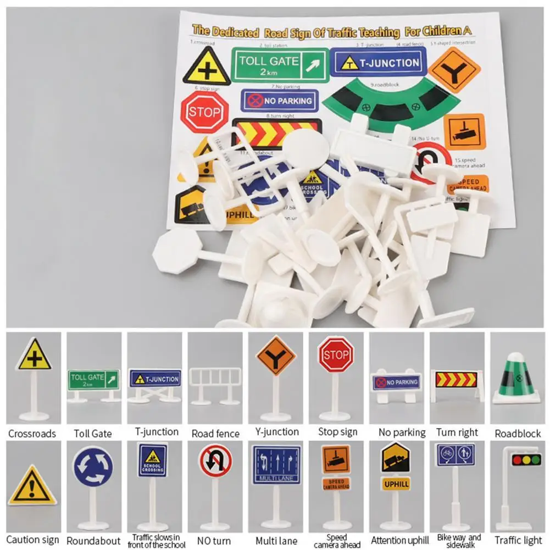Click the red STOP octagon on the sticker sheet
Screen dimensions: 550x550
[204, 112]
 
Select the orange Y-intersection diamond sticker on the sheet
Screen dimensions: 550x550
[454, 70]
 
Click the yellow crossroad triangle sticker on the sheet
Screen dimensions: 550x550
[206, 68]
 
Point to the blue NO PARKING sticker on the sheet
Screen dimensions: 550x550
[280, 101]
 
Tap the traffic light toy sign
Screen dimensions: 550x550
[526, 460]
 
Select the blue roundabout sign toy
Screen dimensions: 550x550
[93, 466]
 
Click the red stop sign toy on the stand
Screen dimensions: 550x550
[336, 354]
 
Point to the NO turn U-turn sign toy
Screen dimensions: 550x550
[215, 460]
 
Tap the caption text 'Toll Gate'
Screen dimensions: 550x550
[93, 434]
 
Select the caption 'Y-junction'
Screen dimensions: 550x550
[277, 432]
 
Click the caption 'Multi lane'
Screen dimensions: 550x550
[277, 541]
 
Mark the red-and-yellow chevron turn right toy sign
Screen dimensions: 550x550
[456, 379]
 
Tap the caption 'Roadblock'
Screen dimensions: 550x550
[518, 434]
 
